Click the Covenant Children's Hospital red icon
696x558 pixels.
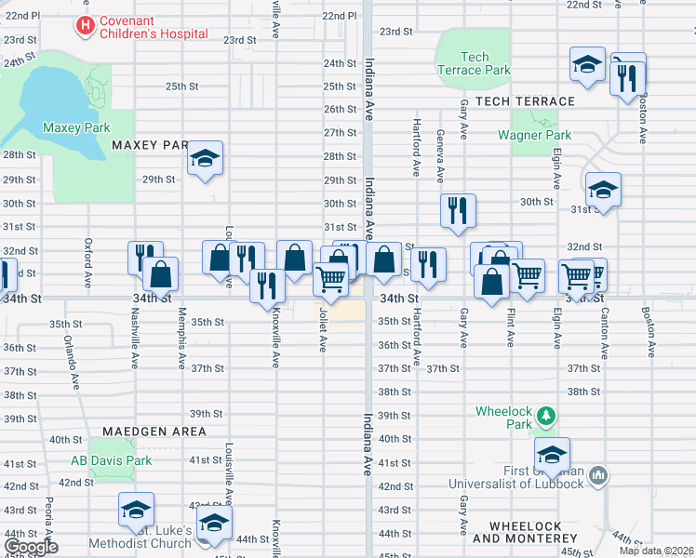click(86, 25)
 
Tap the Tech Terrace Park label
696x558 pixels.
click(474, 63)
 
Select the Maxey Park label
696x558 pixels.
click(76, 127)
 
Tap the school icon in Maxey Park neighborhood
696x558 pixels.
click(206, 159)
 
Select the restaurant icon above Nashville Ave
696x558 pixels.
click(145, 258)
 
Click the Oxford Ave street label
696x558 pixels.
click(88, 265)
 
